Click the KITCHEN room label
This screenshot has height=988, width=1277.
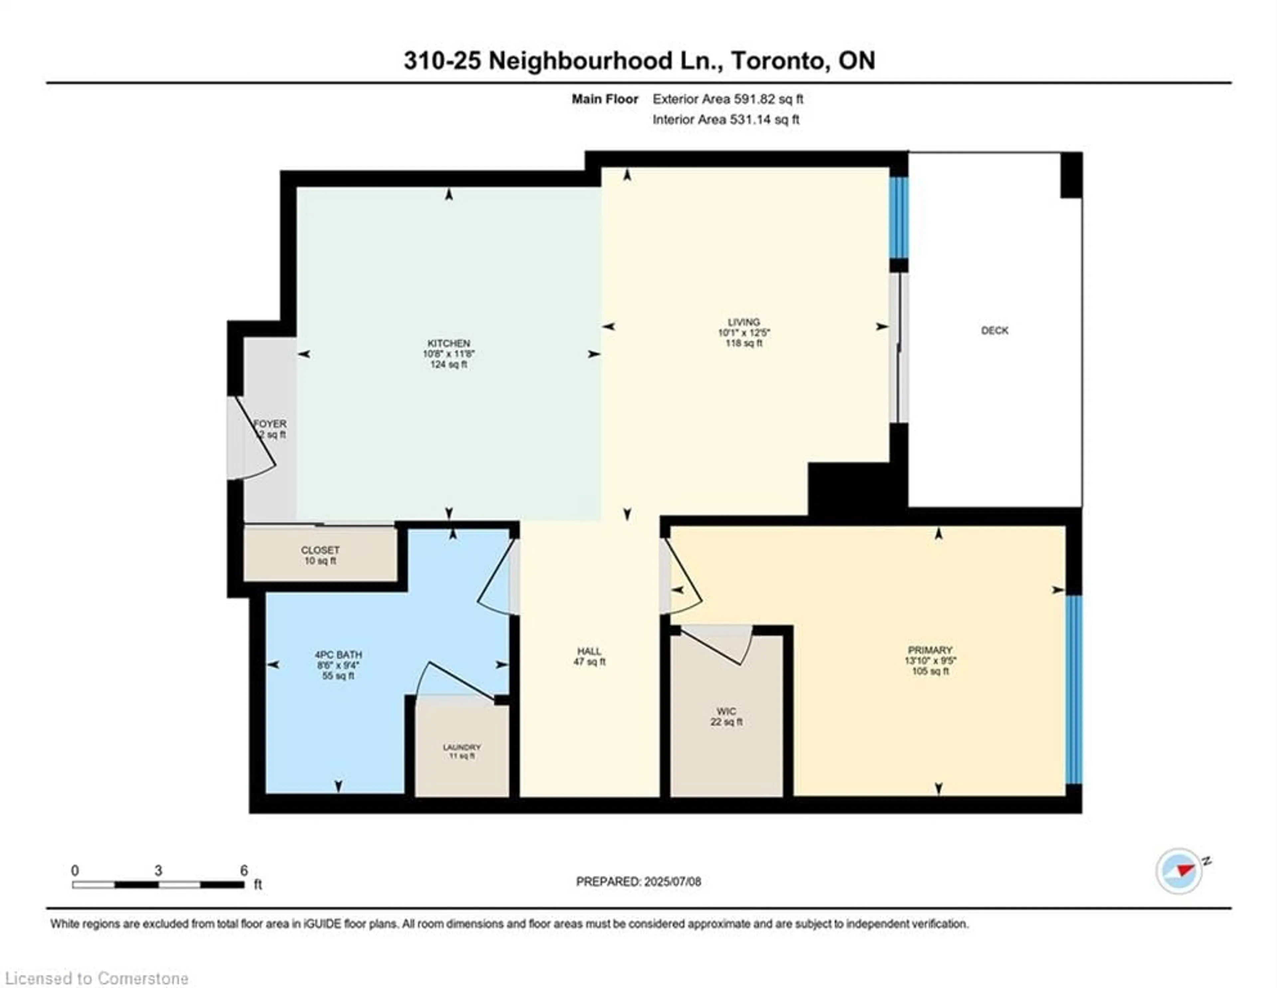pos(449,343)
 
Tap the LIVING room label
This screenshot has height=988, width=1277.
pos(744,322)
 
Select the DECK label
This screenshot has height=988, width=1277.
pos(995,331)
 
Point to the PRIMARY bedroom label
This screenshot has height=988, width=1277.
pos(930,650)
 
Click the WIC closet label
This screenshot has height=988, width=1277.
pos(726,711)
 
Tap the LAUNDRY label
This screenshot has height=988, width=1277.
pos(462,747)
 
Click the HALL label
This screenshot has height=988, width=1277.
pos(589,651)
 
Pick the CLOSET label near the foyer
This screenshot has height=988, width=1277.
pos(321,550)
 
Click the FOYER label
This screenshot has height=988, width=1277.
pos(270,423)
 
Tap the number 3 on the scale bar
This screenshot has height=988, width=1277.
pos(158,871)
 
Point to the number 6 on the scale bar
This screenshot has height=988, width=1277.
pos(244,871)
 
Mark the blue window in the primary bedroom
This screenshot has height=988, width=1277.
pos(1074,689)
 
